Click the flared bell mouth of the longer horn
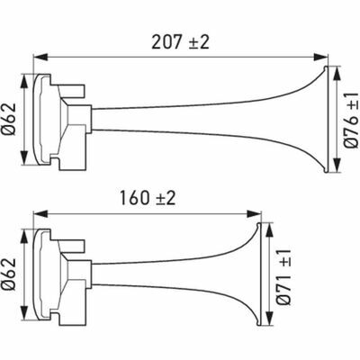[319, 118]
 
